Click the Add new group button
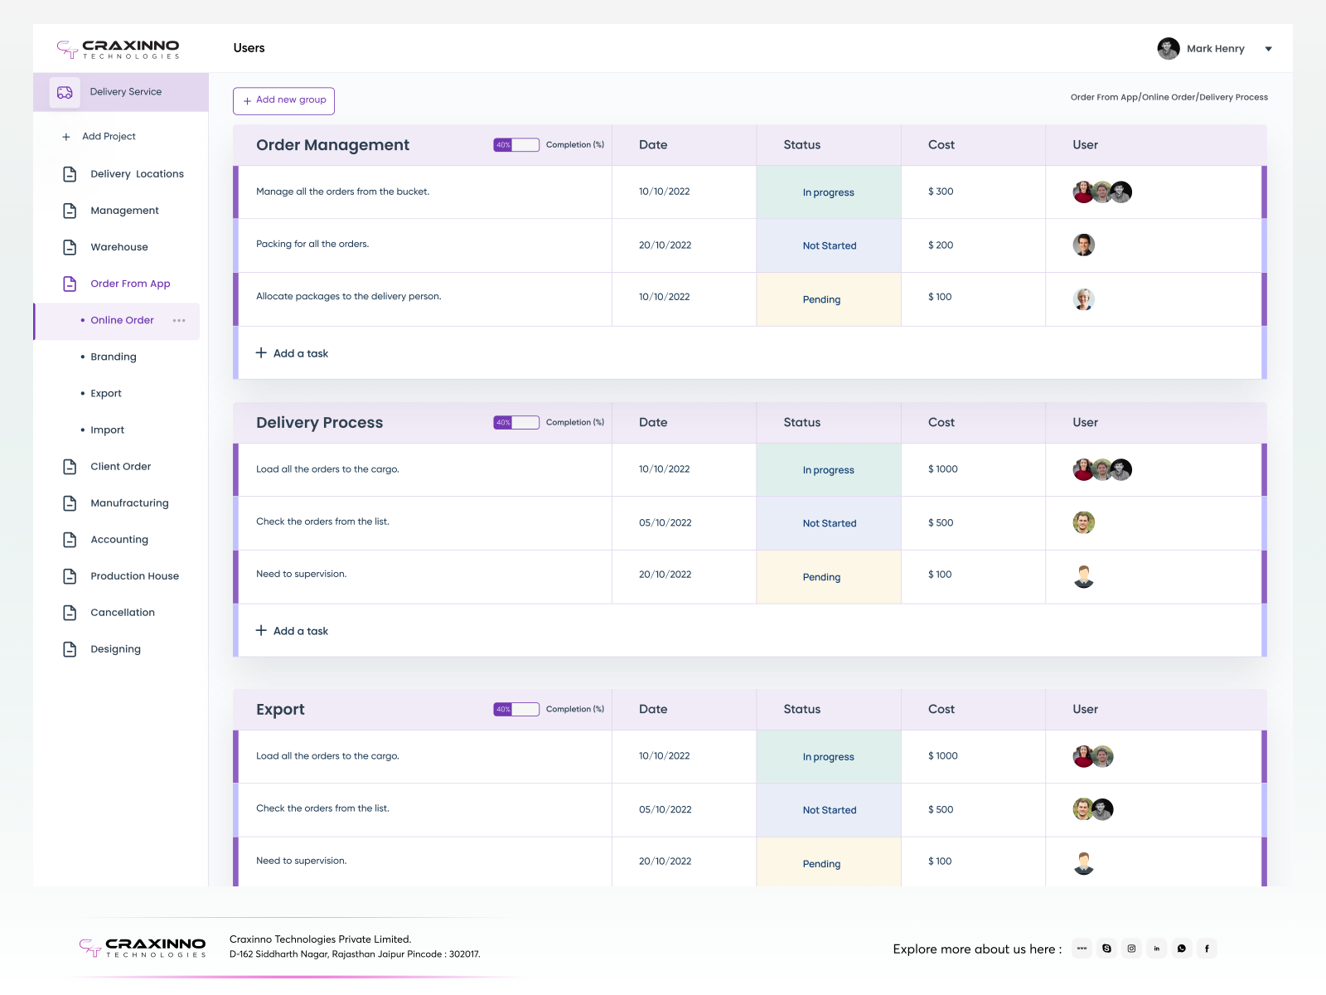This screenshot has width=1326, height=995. pos(283,100)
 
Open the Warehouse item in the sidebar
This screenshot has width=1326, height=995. pos(119,247)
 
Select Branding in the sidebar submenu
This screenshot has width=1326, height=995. pos(114,357)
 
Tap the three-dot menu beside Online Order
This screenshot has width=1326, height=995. pos(179,321)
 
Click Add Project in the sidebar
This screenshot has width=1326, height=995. pos(108,137)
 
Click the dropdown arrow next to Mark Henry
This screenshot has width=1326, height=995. pos(1268,49)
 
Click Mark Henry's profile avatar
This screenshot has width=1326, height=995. pos(1169,49)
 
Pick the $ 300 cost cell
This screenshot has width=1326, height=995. pos(941,192)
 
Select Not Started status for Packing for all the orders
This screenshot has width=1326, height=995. pos(829,245)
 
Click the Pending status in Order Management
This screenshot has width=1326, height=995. pos(821,299)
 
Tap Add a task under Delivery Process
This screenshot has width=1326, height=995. pos(293,631)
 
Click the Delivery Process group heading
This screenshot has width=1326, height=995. pos(319,423)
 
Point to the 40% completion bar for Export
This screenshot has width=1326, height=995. pos(516,709)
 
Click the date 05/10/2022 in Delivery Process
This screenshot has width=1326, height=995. pos(665,523)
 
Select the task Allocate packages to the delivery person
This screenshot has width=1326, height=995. pos(348,297)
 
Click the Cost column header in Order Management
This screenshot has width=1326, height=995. pos(941,145)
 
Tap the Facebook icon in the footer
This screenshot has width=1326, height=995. pos(1207,949)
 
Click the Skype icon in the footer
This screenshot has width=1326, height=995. pos(1106,949)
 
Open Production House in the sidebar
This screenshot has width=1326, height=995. pos(134,576)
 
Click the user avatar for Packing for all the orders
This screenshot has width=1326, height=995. pos(1083,245)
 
